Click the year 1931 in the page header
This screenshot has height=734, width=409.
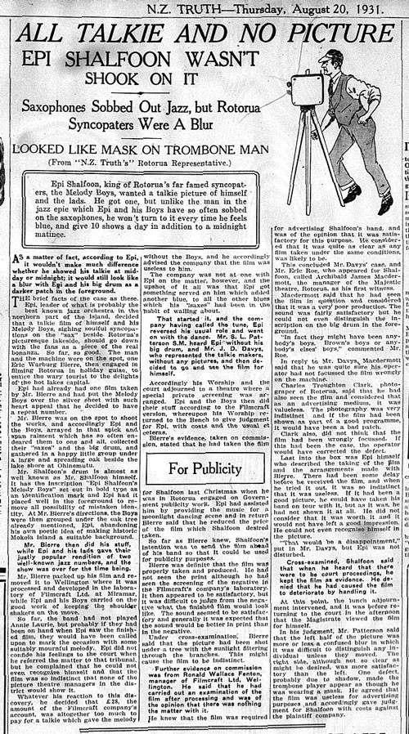315,8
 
